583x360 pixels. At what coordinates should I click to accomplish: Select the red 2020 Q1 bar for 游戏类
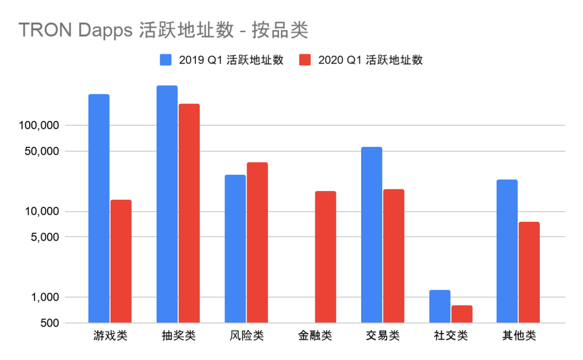click(x=121, y=261)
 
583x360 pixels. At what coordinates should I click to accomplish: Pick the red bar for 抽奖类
click(x=189, y=213)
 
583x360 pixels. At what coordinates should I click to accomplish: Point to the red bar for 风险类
click(x=257, y=242)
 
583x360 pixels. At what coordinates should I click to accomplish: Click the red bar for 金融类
click(x=326, y=257)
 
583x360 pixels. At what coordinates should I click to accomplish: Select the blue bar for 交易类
click(x=371, y=235)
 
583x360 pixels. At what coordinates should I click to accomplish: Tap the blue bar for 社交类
click(x=440, y=307)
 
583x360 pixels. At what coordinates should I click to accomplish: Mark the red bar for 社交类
click(x=462, y=314)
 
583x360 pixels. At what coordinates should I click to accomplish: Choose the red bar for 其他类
click(x=529, y=273)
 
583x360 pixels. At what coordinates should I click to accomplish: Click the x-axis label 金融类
click(x=315, y=336)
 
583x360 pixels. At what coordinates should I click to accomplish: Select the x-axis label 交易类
click(x=383, y=336)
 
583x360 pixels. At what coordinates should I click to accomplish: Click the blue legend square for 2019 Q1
click(x=165, y=60)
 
